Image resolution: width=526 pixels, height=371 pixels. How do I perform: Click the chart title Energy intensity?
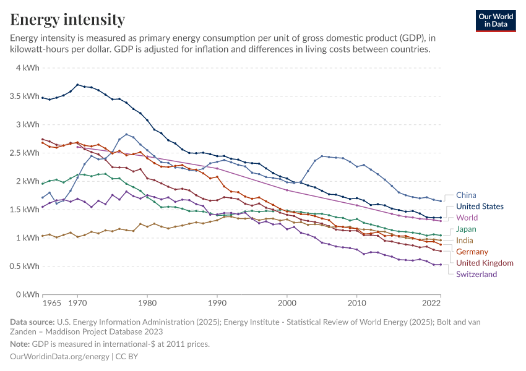click(67, 20)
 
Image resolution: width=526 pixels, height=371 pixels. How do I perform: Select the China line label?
click(467, 195)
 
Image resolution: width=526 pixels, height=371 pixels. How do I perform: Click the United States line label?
click(480, 207)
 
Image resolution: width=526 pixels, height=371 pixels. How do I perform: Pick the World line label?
click(467, 218)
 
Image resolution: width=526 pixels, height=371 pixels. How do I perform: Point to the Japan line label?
click(466, 229)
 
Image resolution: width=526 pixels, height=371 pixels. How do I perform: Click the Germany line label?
click(472, 252)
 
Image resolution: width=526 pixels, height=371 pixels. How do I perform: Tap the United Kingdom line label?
click(485, 263)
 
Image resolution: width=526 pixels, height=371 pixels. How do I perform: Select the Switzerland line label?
click(476, 274)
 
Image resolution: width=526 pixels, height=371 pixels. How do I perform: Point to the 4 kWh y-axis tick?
click(27, 68)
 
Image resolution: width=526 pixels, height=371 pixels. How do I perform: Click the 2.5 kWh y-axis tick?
click(24, 153)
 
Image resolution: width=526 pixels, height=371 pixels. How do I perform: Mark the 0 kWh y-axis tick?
click(27, 294)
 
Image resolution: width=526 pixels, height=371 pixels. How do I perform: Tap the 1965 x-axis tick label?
click(52, 304)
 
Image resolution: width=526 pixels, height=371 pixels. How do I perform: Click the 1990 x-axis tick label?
click(217, 304)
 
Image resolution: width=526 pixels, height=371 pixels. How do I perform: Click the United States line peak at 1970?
click(77, 85)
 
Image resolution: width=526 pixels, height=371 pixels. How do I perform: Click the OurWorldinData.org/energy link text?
click(59, 357)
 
